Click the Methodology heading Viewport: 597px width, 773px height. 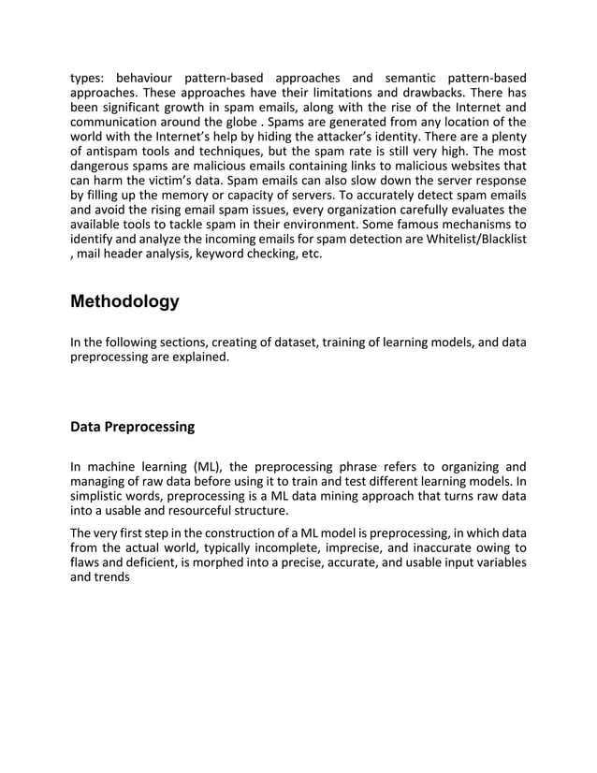coord(124,302)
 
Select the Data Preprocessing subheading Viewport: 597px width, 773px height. coord(133,427)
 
